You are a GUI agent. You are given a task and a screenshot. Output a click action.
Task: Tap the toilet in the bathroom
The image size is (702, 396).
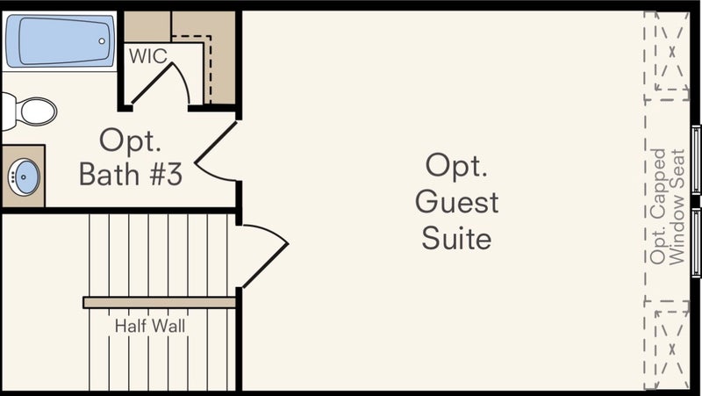(35, 111)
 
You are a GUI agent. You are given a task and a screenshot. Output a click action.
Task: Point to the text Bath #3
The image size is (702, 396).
(130, 175)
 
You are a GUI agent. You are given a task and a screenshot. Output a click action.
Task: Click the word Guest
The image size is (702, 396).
(456, 201)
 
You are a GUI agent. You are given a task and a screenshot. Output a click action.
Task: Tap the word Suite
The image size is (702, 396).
(456, 237)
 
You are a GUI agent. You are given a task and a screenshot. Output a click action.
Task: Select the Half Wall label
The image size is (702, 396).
(150, 327)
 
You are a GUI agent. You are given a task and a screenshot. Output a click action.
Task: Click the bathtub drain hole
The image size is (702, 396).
(103, 40)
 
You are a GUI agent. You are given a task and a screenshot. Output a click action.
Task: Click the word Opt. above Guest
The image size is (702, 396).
(456, 165)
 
